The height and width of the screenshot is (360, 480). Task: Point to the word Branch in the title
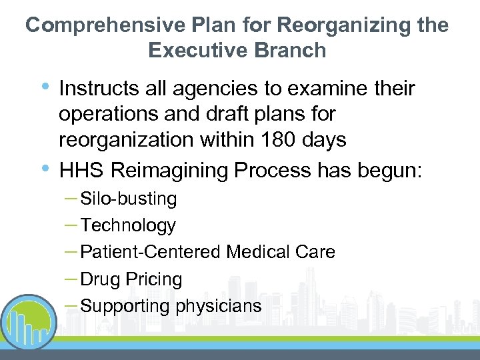[290, 50]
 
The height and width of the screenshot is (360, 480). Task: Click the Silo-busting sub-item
[128, 199]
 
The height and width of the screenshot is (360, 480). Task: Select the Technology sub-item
[128, 225]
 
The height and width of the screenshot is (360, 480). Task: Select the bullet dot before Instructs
[45, 86]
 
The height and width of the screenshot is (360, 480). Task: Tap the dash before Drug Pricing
[72, 278]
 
